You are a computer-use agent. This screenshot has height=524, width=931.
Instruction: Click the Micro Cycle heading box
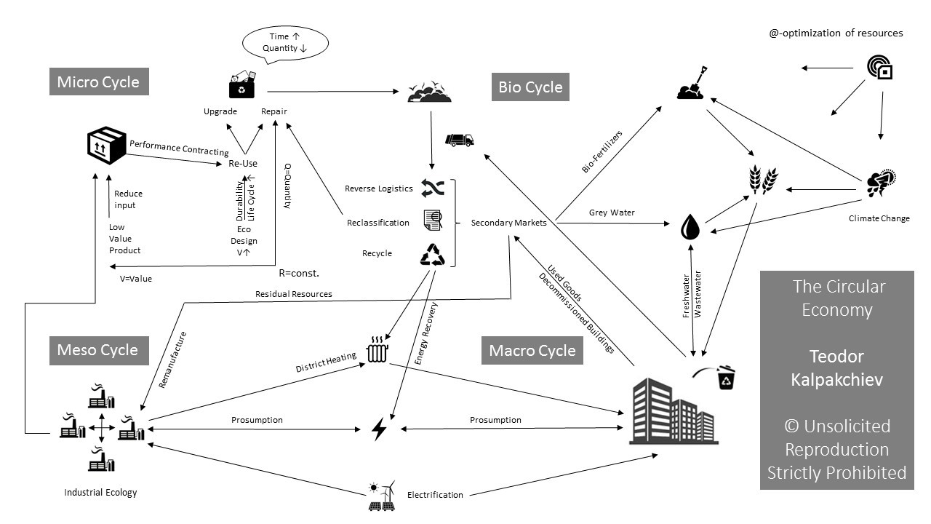(98, 82)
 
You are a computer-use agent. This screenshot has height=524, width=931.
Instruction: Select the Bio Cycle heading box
(530, 87)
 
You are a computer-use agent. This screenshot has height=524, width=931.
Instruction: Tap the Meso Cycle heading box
(98, 350)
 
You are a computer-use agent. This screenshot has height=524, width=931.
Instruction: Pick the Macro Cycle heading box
(532, 351)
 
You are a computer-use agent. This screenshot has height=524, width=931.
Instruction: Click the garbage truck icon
(459, 140)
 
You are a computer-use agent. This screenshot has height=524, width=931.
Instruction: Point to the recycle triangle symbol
(433, 254)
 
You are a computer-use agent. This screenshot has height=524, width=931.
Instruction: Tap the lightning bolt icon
(379, 428)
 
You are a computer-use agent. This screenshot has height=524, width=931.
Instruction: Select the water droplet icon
(690, 226)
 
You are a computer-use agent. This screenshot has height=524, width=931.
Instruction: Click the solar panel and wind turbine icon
(383, 495)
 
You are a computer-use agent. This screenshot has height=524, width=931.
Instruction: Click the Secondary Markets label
(508, 223)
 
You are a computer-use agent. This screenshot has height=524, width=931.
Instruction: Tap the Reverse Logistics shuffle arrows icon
(433, 188)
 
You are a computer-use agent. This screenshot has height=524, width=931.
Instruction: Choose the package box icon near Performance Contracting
(106, 146)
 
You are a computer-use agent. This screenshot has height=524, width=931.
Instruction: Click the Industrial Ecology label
(100, 493)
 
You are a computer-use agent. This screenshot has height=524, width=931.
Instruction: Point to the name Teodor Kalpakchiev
(836, 368)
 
